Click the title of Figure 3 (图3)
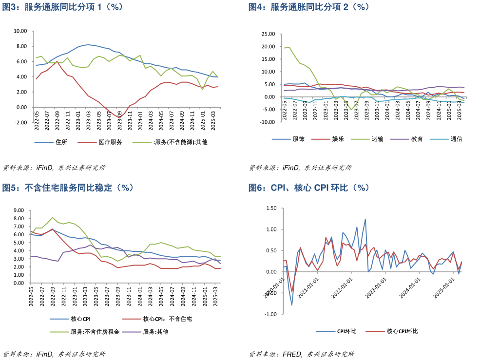pos(63,7)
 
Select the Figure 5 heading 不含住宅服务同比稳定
pos(68,188)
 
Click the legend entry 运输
pos(377,139)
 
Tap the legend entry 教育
pos(417,139)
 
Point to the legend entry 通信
pos(456,139)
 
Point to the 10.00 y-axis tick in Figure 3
pos(20,31)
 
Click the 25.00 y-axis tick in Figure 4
pos(268,34)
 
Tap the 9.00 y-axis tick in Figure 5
pos(19,210)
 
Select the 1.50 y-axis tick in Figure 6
pos(271,208)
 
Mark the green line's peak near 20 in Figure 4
pos(289,47)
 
